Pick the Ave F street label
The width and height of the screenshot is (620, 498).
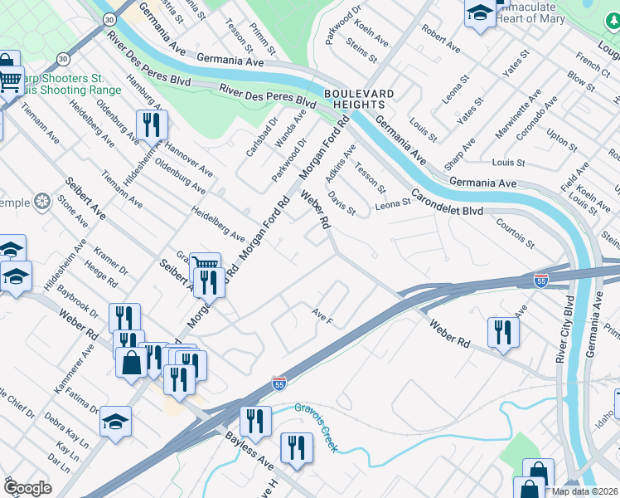tap(322, 315)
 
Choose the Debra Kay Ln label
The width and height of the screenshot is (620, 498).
tap(65, 429)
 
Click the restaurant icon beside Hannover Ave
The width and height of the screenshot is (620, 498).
tap(152, 125)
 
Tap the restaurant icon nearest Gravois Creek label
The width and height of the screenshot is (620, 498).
tap(297, 448)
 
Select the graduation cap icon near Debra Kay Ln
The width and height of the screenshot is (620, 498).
tap(116, 421)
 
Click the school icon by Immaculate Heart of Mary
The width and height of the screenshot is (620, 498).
tap(480, 13)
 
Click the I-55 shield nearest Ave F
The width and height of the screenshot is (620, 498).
tap(279, 383)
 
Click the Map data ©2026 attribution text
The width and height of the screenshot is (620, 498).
tap(584, 491)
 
